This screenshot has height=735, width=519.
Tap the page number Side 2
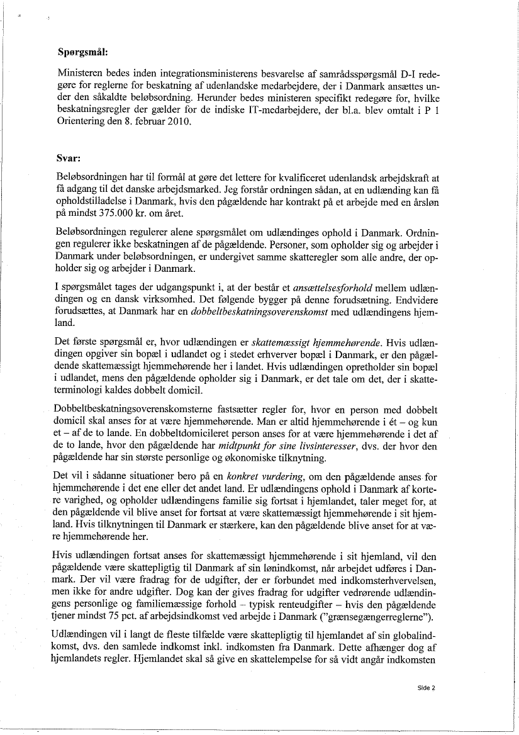(426, 688)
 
